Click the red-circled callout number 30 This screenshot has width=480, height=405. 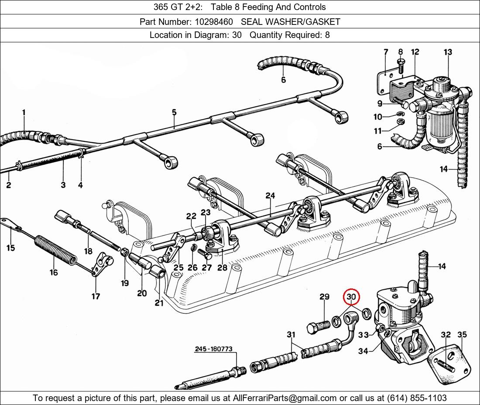pos(351,297)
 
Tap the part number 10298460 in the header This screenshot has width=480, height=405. pos(214,22)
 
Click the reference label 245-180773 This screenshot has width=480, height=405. pos(214,349)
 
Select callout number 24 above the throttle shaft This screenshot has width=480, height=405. pos(270,196)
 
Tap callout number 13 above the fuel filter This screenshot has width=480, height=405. pos(448,52)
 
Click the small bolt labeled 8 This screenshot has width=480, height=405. pos(401,66)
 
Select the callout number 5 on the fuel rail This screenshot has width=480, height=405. pos(174,112)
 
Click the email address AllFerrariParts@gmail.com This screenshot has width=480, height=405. pos(285,398)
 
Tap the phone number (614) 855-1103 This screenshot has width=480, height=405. pos(417,398)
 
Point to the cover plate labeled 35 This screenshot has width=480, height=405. pos(449,364)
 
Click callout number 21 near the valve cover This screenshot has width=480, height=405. pos(159,303)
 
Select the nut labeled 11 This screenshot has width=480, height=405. pos(399,121)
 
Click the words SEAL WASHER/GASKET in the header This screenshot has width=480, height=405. pos(291,22)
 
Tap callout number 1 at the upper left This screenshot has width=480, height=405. pos(24,112)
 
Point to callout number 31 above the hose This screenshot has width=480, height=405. pos(291,335)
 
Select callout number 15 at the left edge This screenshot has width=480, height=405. pos(10,247)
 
